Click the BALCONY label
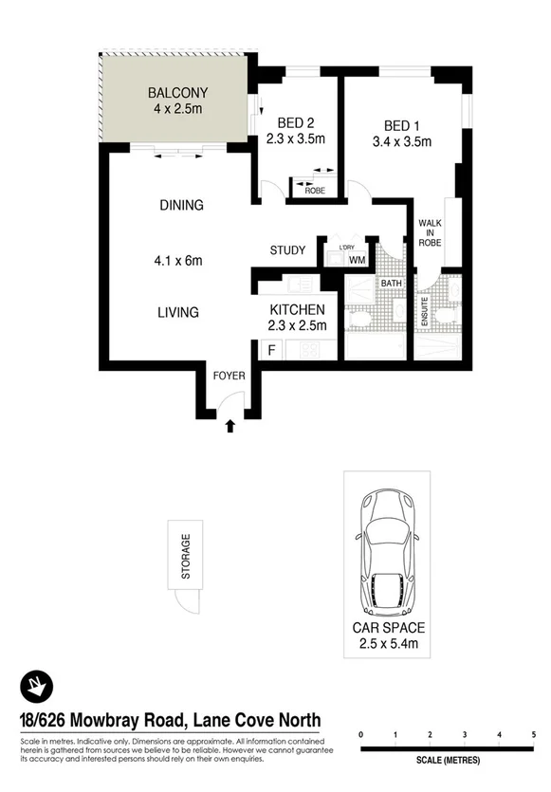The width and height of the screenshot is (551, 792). coord(177,93)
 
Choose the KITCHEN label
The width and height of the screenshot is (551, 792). coord(298,310)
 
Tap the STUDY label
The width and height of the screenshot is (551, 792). coord(287,250)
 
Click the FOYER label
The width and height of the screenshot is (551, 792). coord(229,376)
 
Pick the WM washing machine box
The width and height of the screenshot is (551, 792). coord(357,259)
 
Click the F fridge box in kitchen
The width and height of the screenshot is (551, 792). coord(272,350)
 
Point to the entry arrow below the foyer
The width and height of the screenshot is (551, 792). coord(229,428)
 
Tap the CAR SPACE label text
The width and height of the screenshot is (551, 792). coord(389,628)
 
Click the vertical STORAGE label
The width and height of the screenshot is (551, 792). coord(186,557)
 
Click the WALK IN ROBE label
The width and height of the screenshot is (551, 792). coord(431,231)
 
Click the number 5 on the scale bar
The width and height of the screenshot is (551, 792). coord(534,735)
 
